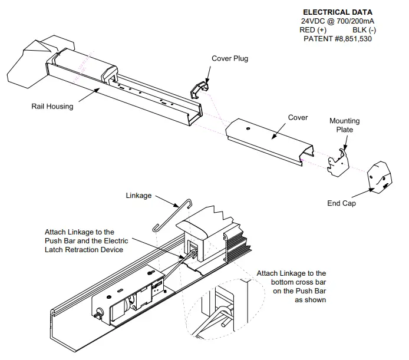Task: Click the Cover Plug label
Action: click(x=230, y=58)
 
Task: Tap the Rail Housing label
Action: click(x=52, y=107)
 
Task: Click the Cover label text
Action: click(x=298, y=117)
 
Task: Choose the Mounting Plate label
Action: click(x=344, y=125)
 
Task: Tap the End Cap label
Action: click(x=342, y=203)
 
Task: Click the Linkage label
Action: click(x=139, y=195)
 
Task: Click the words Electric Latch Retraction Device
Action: click(x=84, y=250)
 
